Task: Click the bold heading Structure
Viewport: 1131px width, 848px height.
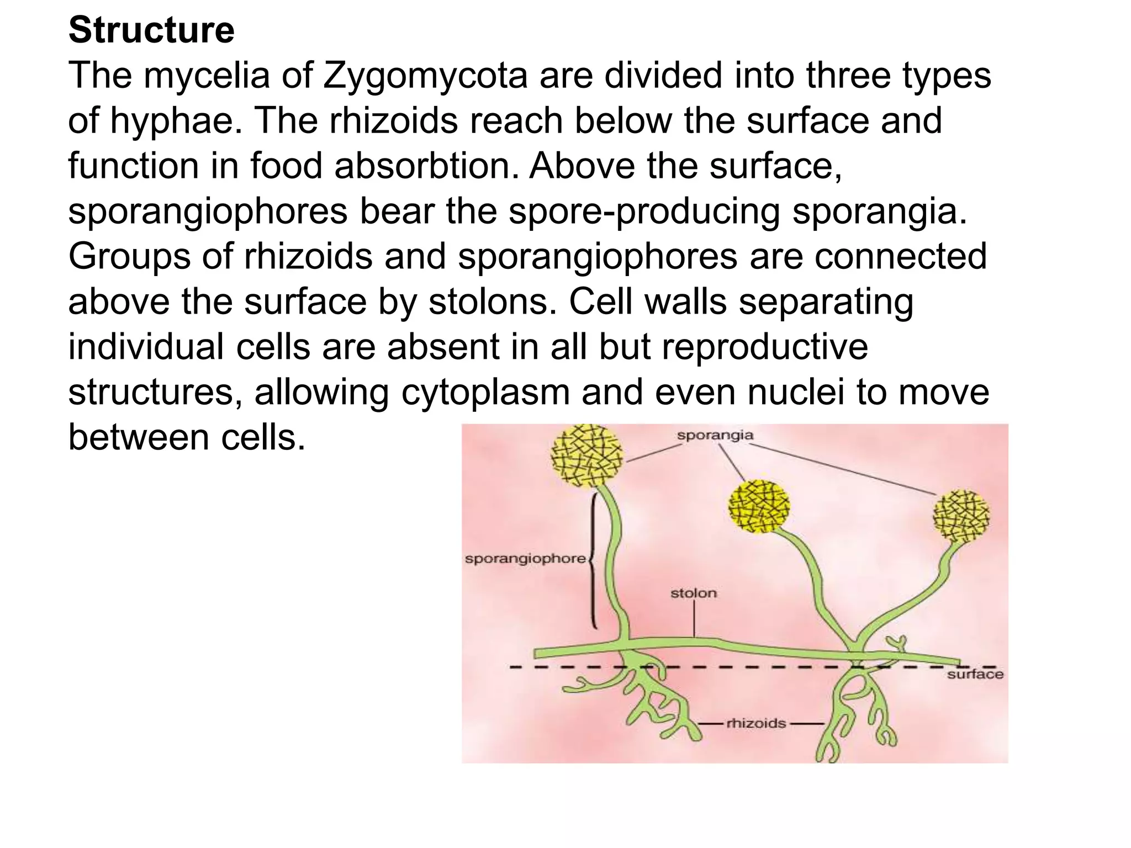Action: (151, 30)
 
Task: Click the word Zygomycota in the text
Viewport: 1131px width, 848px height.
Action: (425, 76)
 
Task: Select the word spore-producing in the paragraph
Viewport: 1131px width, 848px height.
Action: (643, 211)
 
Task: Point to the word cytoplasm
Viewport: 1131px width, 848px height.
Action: (485, 393)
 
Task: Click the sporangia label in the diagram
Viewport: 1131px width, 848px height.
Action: (715, 435)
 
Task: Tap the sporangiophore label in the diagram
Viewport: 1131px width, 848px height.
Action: (525, 559)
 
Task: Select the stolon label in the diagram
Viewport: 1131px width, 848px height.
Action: (693, 593)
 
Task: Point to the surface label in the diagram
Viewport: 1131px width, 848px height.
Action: (975, 674)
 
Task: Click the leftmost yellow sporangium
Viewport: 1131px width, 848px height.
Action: (587, 456)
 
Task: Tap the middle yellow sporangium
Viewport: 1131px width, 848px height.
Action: (759, 506)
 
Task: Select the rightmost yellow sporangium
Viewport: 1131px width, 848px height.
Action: (961, 517)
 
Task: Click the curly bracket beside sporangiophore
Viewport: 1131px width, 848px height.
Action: (593, 560)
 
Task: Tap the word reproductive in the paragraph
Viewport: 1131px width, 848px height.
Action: (764, 347)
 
